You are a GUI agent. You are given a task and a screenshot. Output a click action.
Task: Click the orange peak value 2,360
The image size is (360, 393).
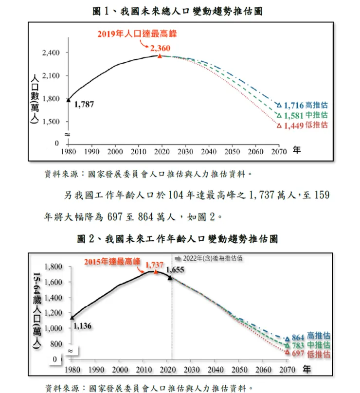(x=161, y=47)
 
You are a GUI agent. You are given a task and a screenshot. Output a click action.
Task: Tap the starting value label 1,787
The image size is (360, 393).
(x=83, y=104)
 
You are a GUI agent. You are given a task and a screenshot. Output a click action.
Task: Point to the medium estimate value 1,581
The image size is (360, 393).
(x=293, y=115)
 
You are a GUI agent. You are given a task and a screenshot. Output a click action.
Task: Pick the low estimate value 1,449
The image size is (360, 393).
(x=293, y=125)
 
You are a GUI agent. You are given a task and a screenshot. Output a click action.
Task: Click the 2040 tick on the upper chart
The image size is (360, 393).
(x=209, y=151)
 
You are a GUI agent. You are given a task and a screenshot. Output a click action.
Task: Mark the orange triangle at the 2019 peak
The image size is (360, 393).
(x=159, y=56)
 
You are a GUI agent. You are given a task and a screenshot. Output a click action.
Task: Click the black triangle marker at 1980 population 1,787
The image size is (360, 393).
(x=69, y=100)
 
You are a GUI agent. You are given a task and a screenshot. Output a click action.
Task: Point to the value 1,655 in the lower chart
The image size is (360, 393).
(x=175, y=270)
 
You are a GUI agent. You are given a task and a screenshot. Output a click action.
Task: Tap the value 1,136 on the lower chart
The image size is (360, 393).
(x=83, y=325)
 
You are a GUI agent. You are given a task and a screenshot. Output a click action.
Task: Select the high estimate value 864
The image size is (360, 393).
(x=298, y=337)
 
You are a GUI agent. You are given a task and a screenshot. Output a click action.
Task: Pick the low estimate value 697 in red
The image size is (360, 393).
(x=298, y=354)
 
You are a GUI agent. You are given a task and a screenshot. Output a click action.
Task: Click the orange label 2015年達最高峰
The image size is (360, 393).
(x=112, y=262)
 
